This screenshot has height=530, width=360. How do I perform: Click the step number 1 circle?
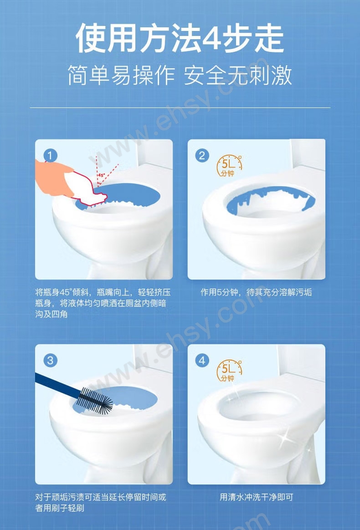coord(51,156)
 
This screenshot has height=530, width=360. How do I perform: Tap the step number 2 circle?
coord(202,156)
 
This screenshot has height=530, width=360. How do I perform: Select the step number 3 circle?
coord(51,361)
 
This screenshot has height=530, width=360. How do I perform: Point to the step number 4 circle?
coord(202,361)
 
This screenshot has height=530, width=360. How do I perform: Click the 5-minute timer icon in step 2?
coord(229,166)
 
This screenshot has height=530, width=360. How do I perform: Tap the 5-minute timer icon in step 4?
coord(229,371)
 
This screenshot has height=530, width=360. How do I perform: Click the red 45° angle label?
coord(101,175)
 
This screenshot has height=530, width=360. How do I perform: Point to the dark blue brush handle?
coord(58,382)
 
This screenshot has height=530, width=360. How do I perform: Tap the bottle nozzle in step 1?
coord(101,196)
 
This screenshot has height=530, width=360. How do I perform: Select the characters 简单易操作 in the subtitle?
coord(122,76)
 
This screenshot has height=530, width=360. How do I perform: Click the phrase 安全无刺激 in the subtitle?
coord(237,76)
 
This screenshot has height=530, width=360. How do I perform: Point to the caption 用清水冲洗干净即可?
coord(256,497)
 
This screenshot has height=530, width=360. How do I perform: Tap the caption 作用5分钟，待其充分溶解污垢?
coord(256,292)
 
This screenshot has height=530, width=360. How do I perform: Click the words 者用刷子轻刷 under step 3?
coord(60,508)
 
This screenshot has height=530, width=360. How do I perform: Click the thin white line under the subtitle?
coord(180,108)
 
